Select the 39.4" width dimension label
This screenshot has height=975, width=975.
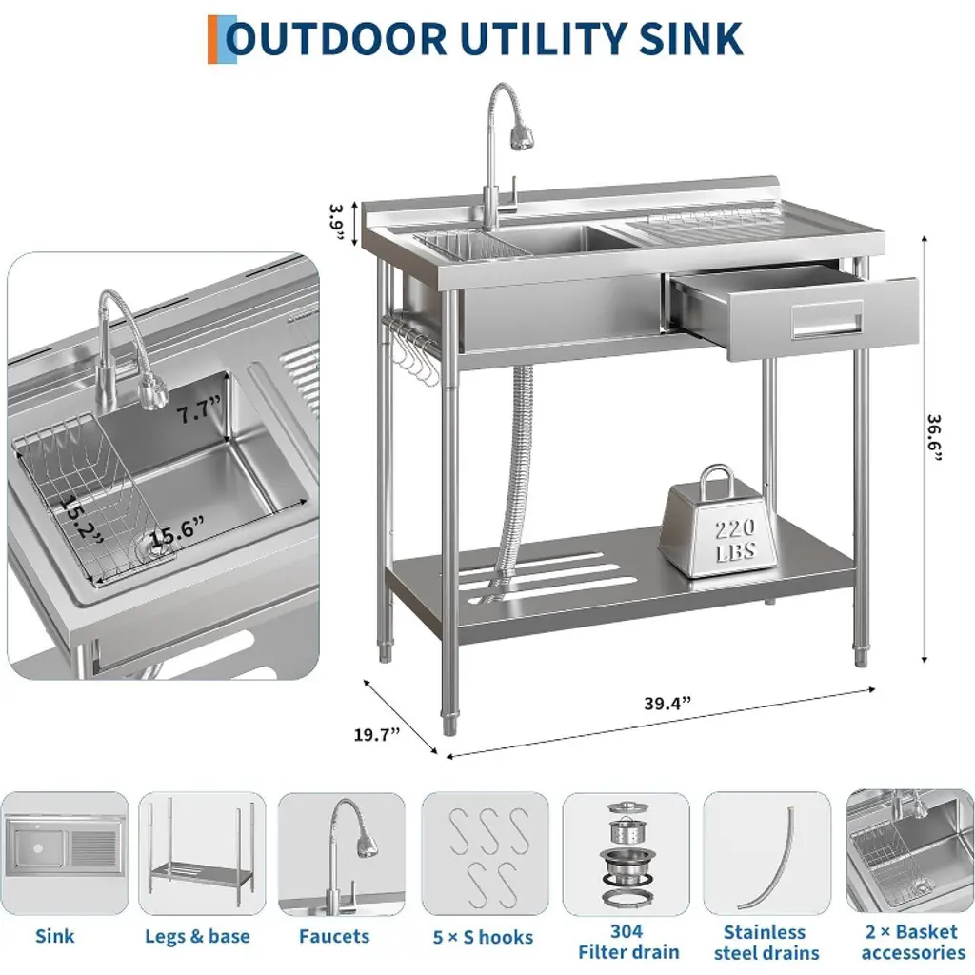[x=667, y=704]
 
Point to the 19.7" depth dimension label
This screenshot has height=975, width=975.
[x=377, y=734]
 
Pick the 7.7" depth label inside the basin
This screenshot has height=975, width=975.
[x=199, y=410]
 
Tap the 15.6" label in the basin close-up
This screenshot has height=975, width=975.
[x=176, y=530]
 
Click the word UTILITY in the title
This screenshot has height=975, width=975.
[x=542, y=38]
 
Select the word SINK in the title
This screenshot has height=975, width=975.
[x=690, y=38]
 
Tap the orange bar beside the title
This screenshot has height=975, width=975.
[x=212, y=39]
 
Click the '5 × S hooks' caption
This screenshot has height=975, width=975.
[x=483, y=937]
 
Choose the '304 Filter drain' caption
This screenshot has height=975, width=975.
[x=628, y=942]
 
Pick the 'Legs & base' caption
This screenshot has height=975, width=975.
[x=197, y=937]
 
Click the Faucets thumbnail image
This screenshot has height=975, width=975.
[x=342, y=854]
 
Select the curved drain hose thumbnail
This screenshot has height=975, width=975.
[x=766, y=854]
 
